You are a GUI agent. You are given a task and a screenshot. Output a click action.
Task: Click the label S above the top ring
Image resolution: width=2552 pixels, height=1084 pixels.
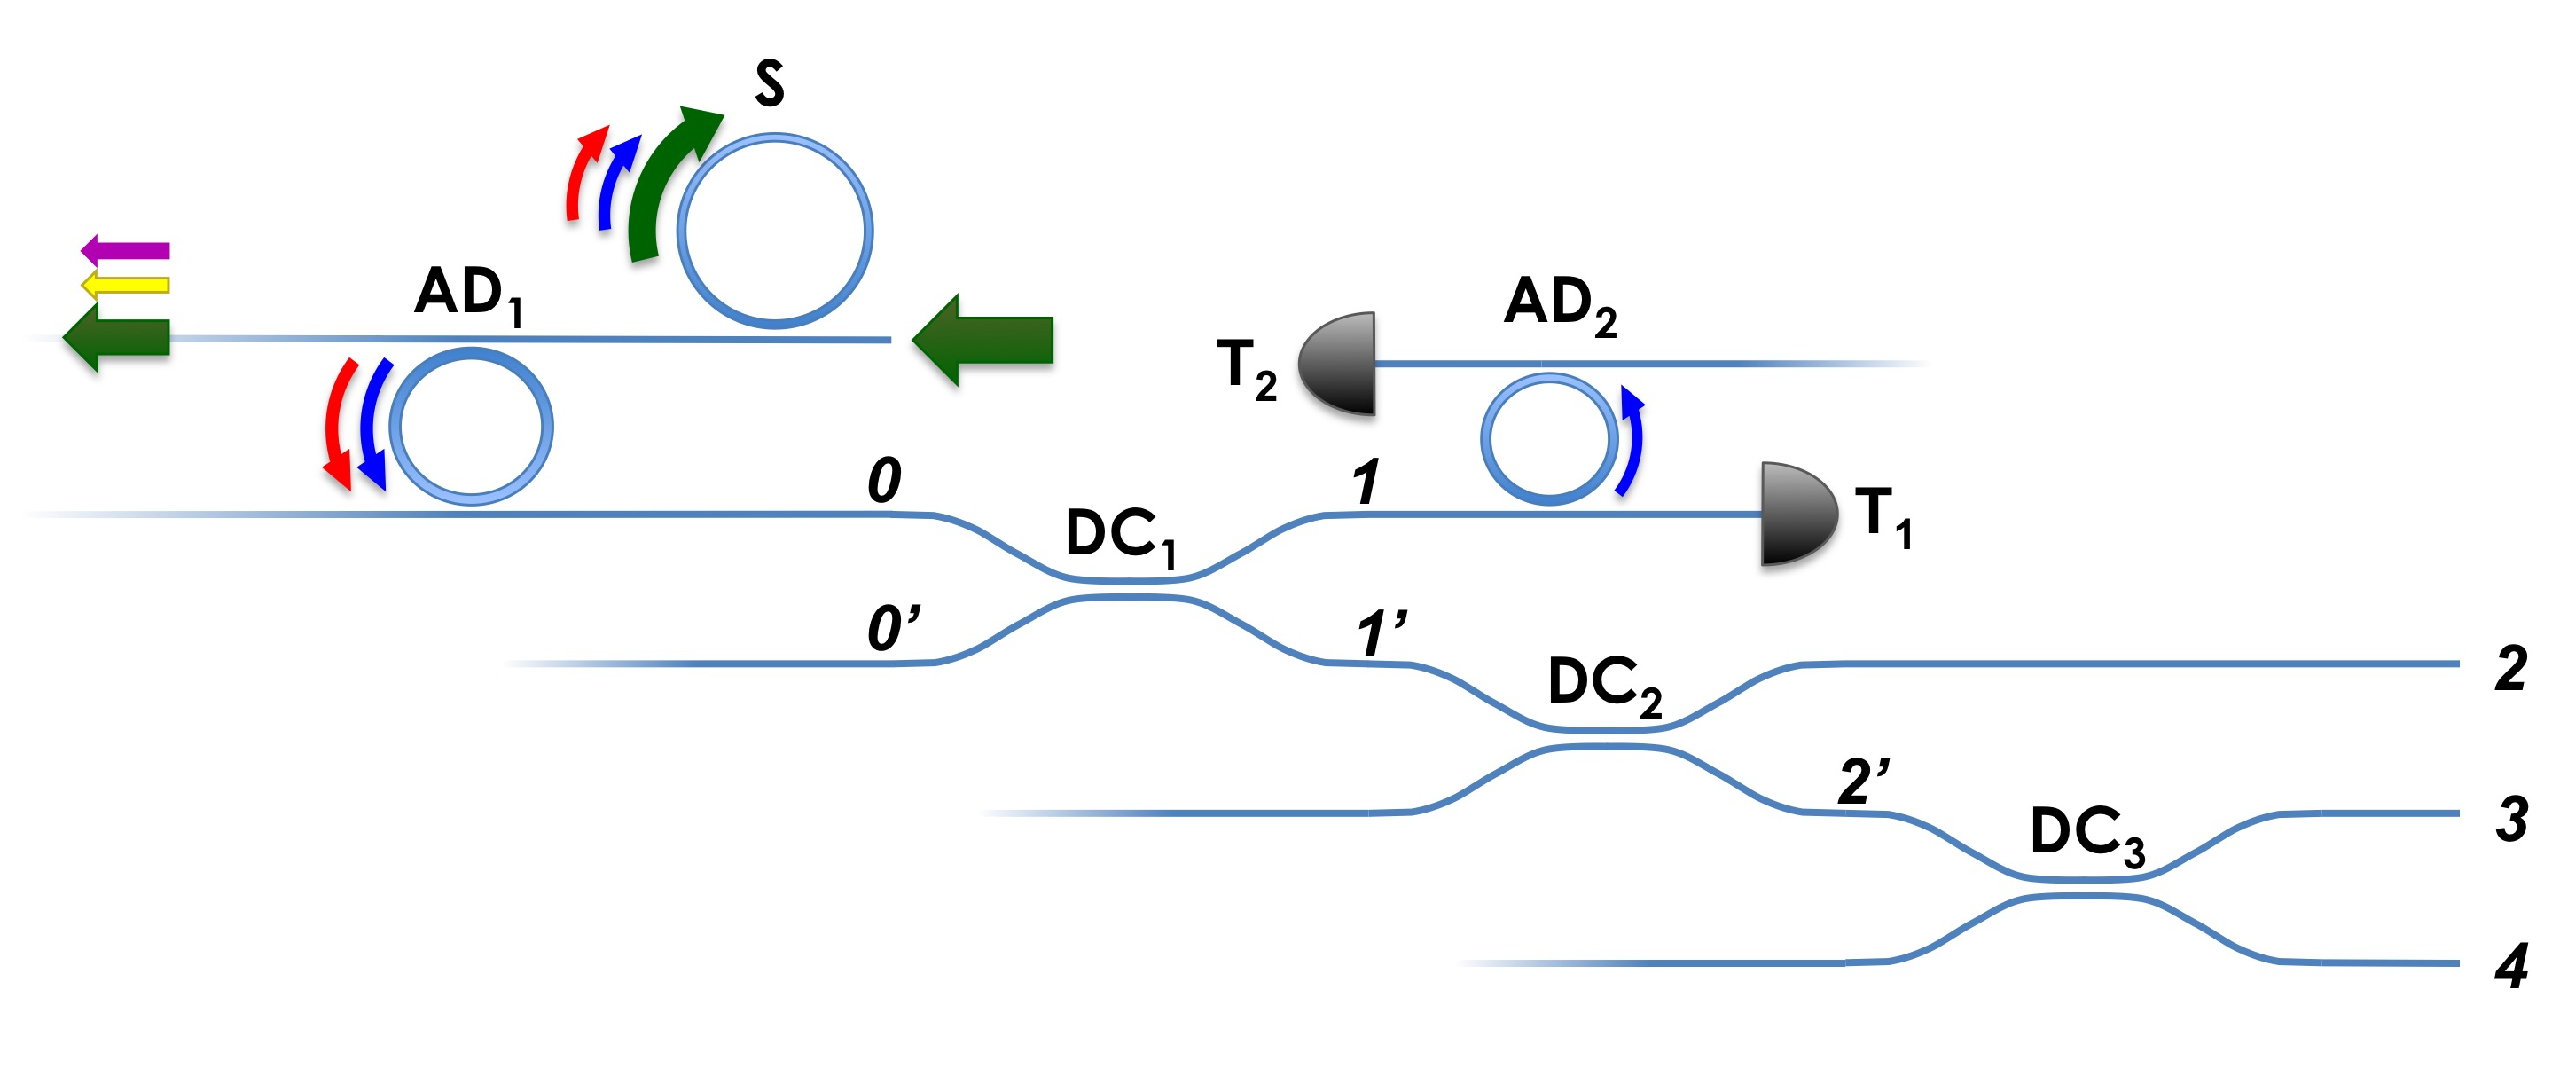769,83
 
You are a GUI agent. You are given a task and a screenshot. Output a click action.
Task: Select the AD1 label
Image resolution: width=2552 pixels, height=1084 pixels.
467,294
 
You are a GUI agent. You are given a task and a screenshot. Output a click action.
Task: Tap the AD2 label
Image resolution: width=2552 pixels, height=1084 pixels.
1560,303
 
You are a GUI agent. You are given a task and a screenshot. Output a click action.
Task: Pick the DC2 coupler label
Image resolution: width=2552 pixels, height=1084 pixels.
1604,684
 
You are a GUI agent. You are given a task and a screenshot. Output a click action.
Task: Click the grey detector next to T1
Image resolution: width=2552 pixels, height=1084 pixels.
1797,514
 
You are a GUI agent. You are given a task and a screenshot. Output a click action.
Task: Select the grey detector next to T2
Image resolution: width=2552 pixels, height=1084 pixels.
1340,363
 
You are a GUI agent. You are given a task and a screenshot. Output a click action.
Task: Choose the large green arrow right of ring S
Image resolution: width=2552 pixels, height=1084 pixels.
982,340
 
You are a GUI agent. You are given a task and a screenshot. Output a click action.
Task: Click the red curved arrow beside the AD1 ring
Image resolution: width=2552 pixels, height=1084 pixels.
337,424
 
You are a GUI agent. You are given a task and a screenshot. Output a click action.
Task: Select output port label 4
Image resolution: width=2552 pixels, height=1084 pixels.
2511,965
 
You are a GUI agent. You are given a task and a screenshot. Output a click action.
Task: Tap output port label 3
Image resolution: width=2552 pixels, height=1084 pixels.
2511,819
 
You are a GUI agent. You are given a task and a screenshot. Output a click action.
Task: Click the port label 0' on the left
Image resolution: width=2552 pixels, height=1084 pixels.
892,629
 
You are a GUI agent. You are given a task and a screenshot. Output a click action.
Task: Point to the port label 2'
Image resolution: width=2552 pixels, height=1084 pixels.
1862,782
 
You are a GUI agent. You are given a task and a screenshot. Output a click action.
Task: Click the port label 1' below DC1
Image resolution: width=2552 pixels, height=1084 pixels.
1381,633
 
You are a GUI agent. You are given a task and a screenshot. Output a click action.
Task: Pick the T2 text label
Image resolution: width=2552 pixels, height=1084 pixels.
1245,369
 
